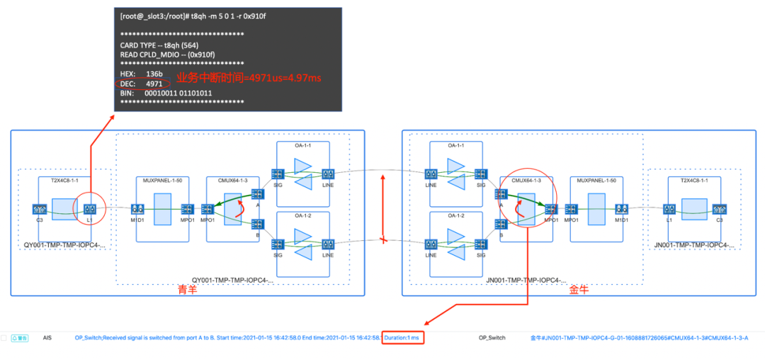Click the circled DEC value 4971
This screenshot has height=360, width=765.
[x=154, y=84]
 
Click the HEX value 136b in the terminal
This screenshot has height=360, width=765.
[x=154, y=74]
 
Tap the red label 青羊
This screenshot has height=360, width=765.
[x=187, y=290]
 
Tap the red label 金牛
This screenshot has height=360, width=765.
[x=579, y=290]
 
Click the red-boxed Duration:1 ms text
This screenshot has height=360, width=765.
[x=403, y=338]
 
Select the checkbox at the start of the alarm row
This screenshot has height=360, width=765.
[x=4, y=338]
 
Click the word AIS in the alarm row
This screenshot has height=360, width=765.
[x=47, y=338]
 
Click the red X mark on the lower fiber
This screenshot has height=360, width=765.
[x=383, y=240]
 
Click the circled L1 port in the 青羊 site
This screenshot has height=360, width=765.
[x=90, y=209]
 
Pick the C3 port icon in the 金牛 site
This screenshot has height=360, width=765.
[x=720, y=209]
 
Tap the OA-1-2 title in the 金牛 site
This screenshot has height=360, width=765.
[x=455, y=215]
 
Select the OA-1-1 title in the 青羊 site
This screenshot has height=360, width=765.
[x=302, y=145]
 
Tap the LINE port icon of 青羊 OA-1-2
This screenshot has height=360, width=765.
[x=328, y=244]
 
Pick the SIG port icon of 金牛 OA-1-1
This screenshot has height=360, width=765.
[x=481, y=174]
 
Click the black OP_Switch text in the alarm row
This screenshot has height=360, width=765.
[x=492, y=338]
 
